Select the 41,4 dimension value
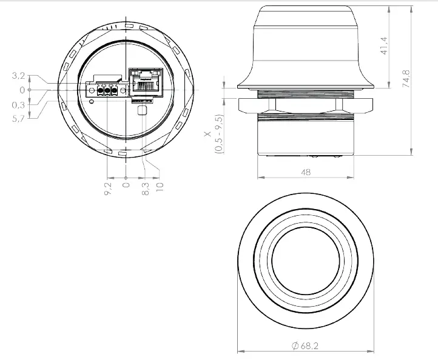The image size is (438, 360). [x=383, y=45]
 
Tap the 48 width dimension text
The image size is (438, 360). [x=305, y=172]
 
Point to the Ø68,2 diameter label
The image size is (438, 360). [x=305, y=345]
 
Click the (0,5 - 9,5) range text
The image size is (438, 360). [x=220, y=134]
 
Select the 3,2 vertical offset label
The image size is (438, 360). [x=19, y=76]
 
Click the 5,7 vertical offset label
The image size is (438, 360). [x=19, y=119]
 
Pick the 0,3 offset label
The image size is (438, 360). [x=19, y=105]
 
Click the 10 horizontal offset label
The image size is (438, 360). [x=160, y=184]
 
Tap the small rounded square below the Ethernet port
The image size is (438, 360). [x=143, y=110]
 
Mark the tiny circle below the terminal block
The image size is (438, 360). [x=92, y=102]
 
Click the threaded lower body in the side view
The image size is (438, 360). [x=305, y=136]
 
